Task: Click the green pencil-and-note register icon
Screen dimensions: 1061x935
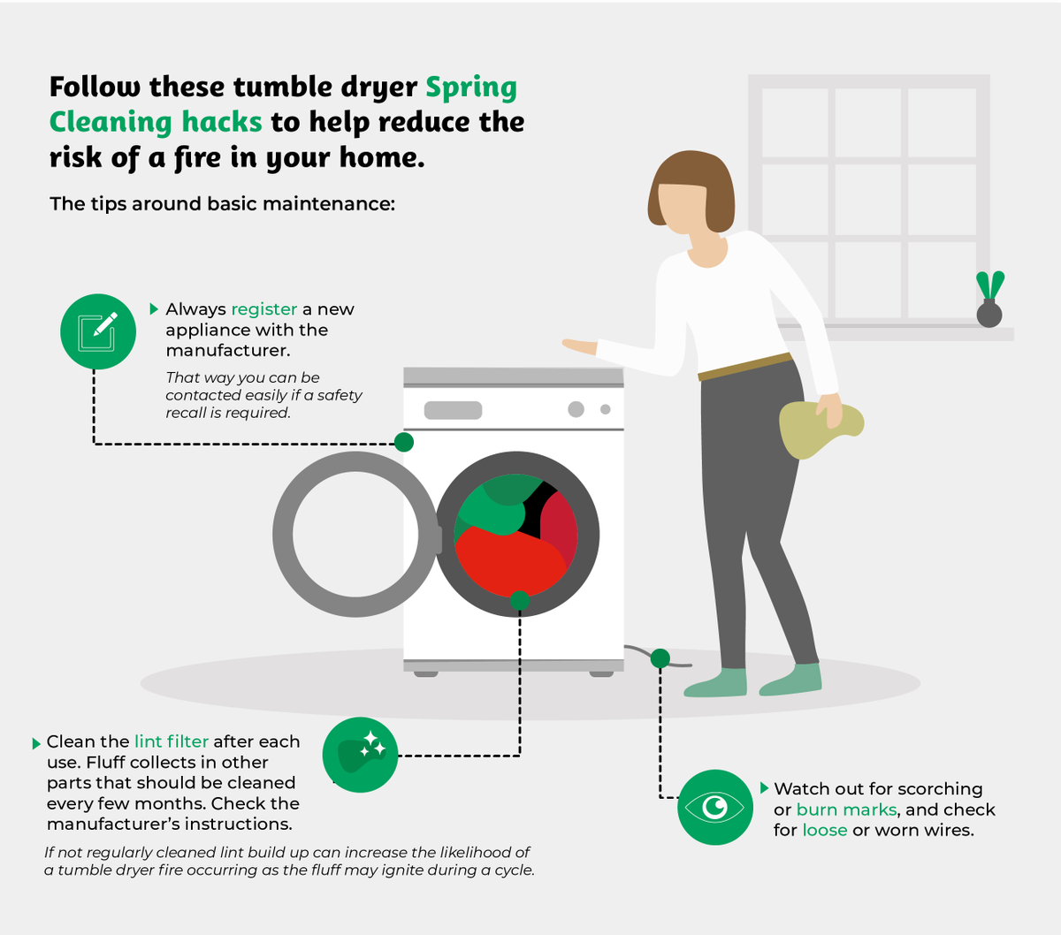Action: point(98,331)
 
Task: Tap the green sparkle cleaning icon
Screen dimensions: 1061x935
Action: point(361,755)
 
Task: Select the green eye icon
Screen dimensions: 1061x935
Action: point(714,807)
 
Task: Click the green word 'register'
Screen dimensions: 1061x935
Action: point(264,309)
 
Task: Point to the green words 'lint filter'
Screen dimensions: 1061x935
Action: point(172,741)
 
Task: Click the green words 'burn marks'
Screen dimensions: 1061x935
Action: point(846,810)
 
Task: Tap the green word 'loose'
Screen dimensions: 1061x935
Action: point(825,830)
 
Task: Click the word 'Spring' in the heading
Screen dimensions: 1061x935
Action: point(470,87)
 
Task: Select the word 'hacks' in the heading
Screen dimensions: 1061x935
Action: point(222,122)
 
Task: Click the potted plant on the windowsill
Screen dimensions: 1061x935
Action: point(989,300)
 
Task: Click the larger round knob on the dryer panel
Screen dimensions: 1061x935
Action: point(576,409)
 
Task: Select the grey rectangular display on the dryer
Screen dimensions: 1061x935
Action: point(453,410)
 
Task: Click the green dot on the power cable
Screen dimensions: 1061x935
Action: point(660,658)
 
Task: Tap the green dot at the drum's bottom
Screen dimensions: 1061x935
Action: point(520,600)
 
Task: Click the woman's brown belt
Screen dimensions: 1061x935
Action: point(745,367)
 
